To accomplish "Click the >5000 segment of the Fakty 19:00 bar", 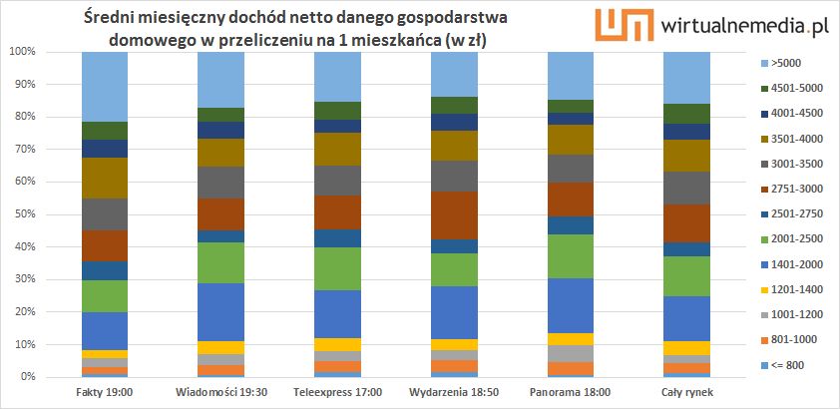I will tap(105, 86).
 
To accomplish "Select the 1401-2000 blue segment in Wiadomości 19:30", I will tap(220, 312).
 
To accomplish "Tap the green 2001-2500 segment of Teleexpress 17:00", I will tap(337, 268).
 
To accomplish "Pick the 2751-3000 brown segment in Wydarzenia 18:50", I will tap(454, 215).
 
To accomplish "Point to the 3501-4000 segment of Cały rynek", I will tap(687, 156).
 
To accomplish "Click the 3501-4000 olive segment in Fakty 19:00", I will tap(105, 179).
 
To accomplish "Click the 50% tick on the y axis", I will tap(26, 214).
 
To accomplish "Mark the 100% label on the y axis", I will tap(24, 52).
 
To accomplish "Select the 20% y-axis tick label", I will tap(26, 312).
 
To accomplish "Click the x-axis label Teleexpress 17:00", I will tap(337, 393).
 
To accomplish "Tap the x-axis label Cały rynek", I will tap(687, 393).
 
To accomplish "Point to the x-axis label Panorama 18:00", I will tap(571, 393).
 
